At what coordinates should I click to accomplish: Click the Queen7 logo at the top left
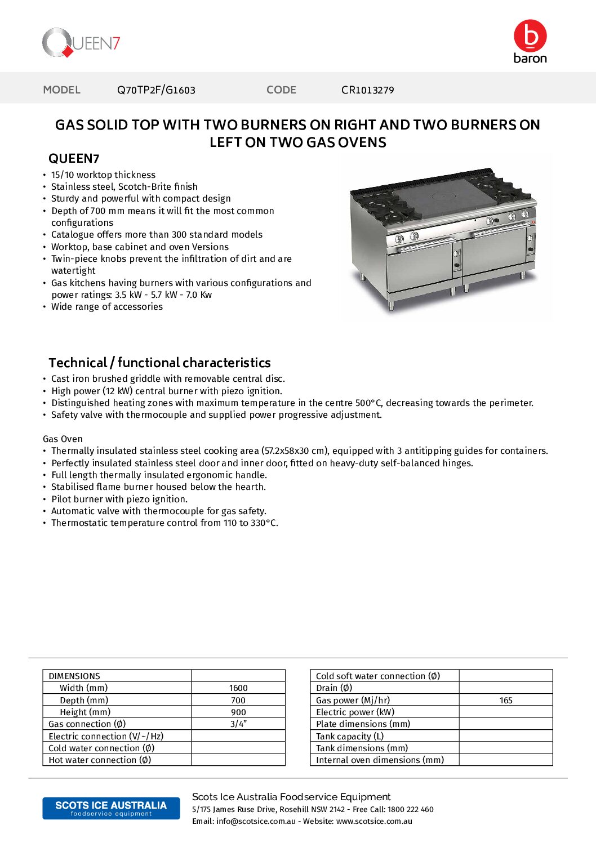coord(81,43)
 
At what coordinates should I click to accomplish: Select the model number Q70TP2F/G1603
coord(156,90)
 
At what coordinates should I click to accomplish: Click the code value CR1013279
coord(367,90)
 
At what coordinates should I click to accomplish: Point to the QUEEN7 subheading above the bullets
coord(74,159)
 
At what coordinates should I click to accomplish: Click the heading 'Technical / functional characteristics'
coord(159,363)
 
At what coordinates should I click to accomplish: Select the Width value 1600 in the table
coord(238,688)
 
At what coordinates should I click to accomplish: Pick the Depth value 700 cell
coord(238,701)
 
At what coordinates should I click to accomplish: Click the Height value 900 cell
coord(238,712)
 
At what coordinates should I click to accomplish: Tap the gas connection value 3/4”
coord(238,724)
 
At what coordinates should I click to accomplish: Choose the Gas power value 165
coord(506,701)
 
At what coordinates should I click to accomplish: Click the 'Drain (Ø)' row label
coord(334,688)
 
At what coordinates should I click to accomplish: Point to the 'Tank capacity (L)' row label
coord(350,737)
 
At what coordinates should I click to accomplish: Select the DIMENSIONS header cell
coord(74,676)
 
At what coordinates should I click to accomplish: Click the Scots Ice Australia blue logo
coord(111,808)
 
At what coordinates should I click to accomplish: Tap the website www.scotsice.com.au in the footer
coord(374,822)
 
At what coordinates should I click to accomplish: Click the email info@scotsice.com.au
coord(256,822)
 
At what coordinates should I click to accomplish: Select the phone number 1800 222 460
coord(411,810)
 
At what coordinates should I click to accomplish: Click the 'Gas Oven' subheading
coord(63,439)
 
